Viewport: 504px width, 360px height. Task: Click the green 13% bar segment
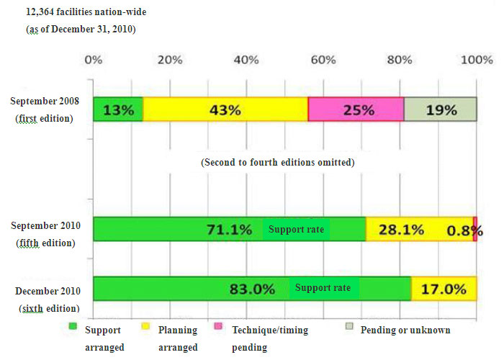[117, 110]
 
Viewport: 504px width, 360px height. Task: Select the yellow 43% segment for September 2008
[225, 110]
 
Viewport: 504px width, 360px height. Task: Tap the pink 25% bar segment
[356, 110]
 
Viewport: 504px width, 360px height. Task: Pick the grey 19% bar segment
[440, 110]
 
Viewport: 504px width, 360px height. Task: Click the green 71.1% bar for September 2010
[229, 230]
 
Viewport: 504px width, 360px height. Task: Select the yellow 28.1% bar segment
[419, 230]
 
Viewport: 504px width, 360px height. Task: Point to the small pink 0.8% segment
[475, 230]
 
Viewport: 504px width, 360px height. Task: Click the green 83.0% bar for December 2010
[252, 289]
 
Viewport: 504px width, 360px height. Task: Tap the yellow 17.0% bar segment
[444, 289]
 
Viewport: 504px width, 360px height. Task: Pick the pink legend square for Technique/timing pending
[219, 329]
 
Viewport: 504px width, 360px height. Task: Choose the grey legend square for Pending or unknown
[349, 329]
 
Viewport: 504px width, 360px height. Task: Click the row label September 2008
[45, 102]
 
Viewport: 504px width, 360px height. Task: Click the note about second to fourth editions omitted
[278, 163]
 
